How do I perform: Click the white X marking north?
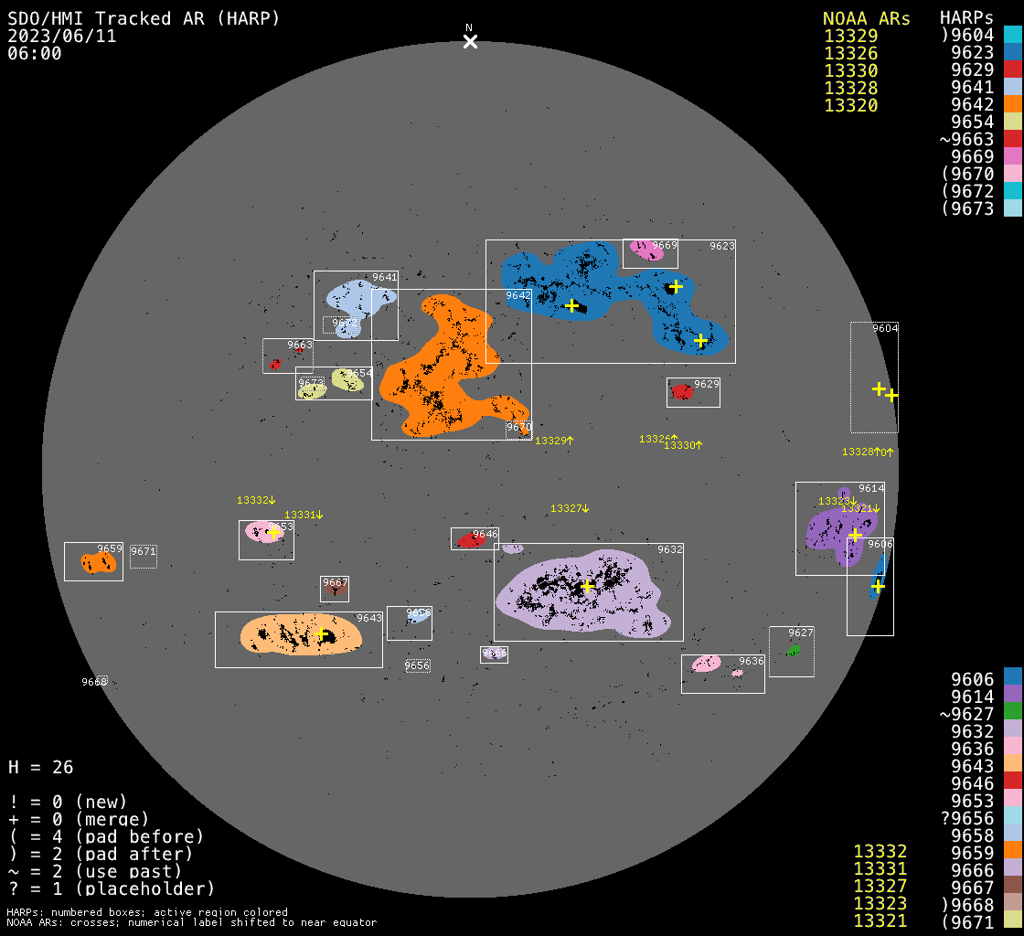coord(470,41)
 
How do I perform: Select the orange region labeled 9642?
coord(439,366)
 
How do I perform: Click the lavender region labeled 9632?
coord(585,594)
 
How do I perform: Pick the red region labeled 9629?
coord(682,392)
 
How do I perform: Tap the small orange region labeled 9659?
coord(97,563)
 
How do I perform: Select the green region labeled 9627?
coord(793,650)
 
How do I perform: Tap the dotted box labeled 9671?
coord(143,556)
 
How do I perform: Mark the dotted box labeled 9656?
coord(417,665)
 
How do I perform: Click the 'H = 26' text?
coord(40,767)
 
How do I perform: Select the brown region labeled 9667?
coord(335,590)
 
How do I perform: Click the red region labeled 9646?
coord(472,540)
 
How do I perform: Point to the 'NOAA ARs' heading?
coord(866,18)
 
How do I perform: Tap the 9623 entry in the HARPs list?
coord(972,53)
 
